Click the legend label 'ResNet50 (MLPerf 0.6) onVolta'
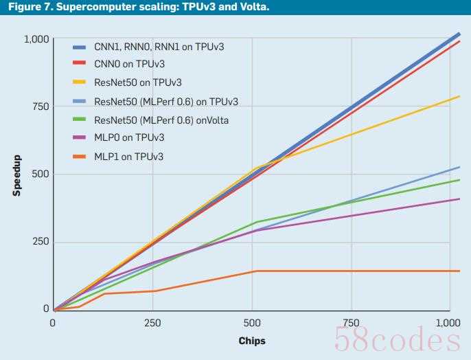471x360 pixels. pos(161,120)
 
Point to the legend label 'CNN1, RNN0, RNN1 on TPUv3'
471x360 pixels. pos(159,46)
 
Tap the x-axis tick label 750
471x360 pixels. pos(352,322)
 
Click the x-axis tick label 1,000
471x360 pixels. pos(448,322)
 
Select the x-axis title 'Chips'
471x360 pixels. pos(251,341)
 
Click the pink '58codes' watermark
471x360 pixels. pos(396,339)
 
